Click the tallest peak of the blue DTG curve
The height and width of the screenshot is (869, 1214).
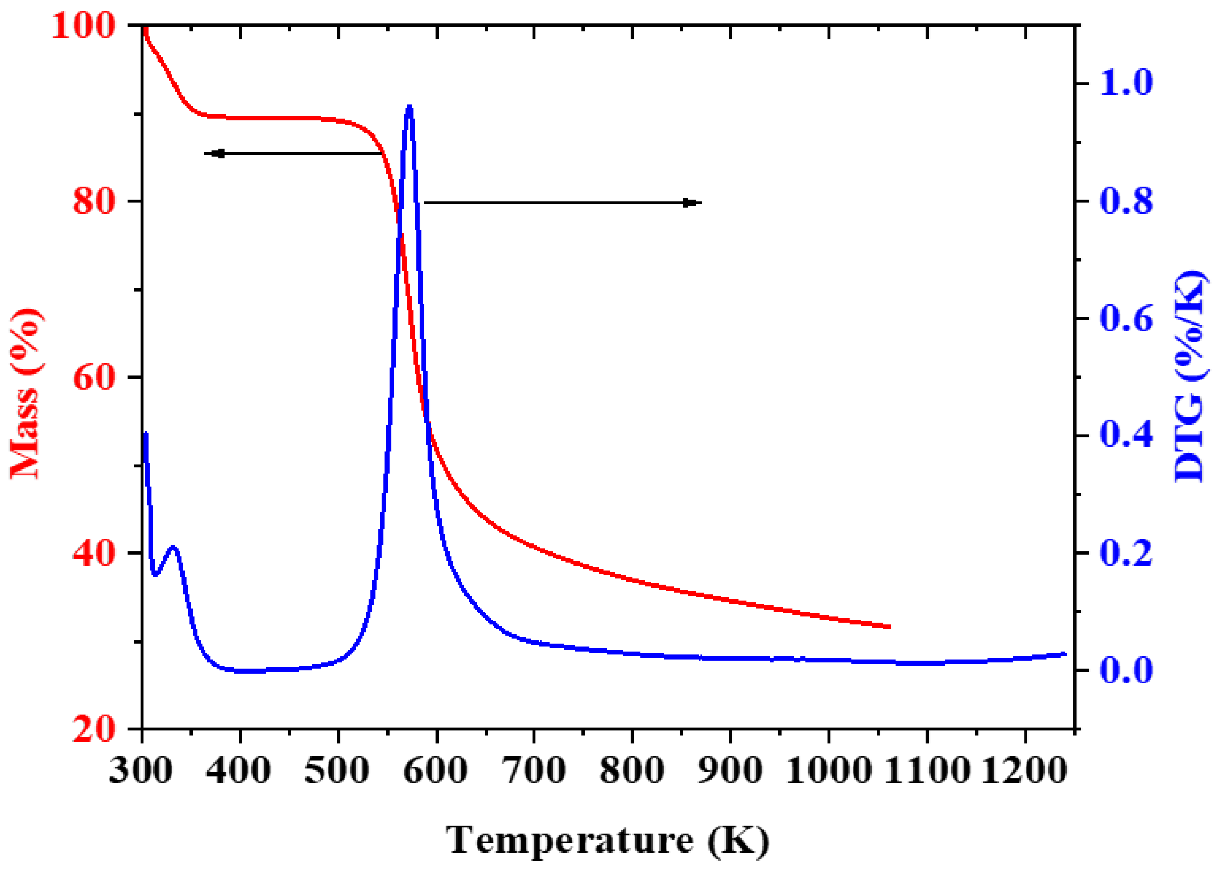(x=409, y=108)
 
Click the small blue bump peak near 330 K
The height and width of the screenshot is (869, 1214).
(x=173, y=547)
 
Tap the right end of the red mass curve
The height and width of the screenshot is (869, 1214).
(x=889, y=627)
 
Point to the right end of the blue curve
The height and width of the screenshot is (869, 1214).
(x=1065, y=654)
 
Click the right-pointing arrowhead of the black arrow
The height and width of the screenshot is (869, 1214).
(x=691, y=203)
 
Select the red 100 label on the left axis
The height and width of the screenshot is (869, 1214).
(x=84, y=26)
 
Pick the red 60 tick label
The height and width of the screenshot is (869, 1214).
(x=94, y=377)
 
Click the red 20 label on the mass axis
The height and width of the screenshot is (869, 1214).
(x=94, y=729)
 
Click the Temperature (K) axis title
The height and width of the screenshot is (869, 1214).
(x=608, y=840)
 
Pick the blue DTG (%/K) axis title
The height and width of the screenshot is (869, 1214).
(x=1190, y=377)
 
